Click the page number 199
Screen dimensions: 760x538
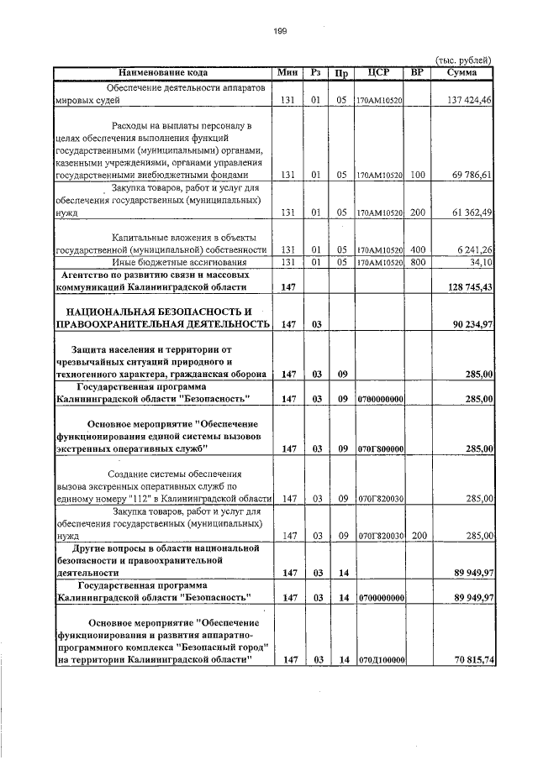(281, 31)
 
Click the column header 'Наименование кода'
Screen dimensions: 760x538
(162, 73)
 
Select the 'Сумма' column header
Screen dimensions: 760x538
(462, 73)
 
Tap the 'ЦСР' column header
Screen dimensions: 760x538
(379, 73)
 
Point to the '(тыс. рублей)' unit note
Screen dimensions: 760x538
(462, 60)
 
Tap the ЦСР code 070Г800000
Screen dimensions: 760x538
(382, 449)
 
